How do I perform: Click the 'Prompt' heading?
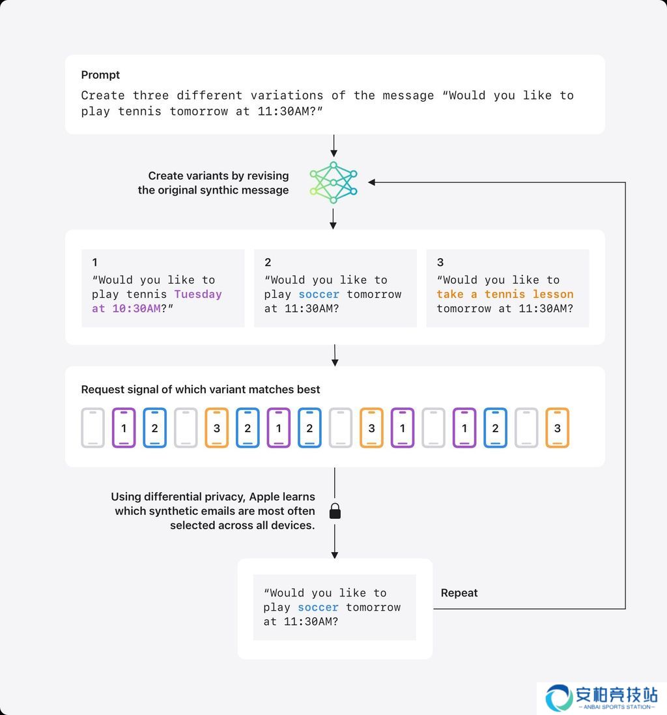pyautogui.click(x=100, y=75)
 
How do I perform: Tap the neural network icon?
pyautogui.click(x=333, y=182)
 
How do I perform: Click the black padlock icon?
pyautogui.click(x=335, y=511)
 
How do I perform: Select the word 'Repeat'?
pyautogui.click(x=459, y=593)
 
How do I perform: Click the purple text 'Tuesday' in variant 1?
pyautogui.click(x=198, y=294)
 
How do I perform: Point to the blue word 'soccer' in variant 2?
pyautogui.click(x=319, y=294)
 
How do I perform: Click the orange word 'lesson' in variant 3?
pyautogui.click(x=553, y=294)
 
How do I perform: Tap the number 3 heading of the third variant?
pyautogui.click(x=440, y=262)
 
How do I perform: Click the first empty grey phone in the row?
pyautogui.click(x=93, y=428)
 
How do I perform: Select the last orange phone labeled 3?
pyautogui.click(x=557, y=428)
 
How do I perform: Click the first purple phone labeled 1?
pyautogui.click(x=124, y=428)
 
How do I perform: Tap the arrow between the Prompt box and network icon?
pyautogui.click(x=334, y=146)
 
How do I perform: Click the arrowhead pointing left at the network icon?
pyautogui.click(x=372, y=182)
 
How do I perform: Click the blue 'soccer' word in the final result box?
pyautogui.click(x=318, y=607)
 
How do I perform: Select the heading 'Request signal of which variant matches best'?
pyautogui.click(x=201, y=389)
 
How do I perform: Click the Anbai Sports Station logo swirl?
pyautogui.click(x=559, y=697)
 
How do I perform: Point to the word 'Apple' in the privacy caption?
pyautogui.click(x=266, y=497)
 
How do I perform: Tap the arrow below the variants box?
pyautogui.click(x=335, y=355)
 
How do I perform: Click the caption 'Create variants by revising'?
pyautogui.click(x=219, y=176)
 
